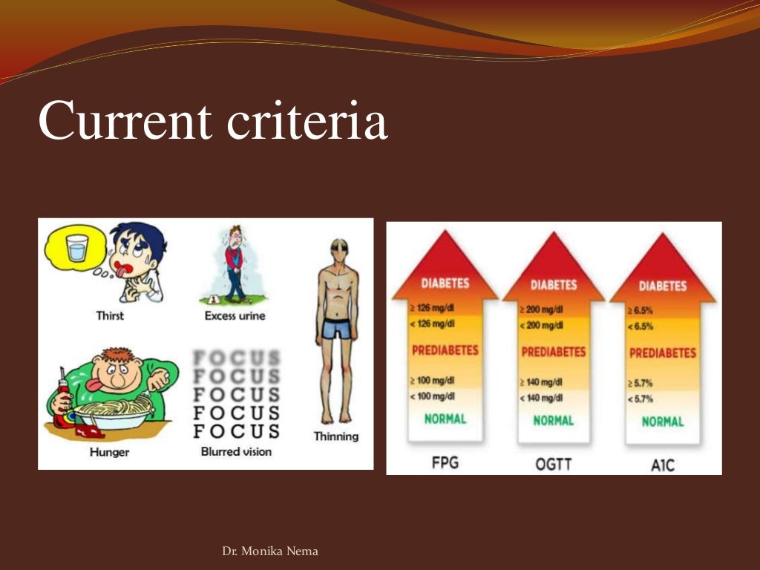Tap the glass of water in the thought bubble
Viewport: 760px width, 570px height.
77,248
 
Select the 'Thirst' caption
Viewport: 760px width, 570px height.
110,315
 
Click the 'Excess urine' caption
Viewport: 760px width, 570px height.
235,315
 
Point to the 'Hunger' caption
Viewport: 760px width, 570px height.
109,452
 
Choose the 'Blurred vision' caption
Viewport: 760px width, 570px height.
236,451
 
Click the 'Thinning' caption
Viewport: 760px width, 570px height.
335,436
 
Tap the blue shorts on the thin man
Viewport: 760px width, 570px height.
336,328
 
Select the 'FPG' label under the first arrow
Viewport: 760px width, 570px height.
445,463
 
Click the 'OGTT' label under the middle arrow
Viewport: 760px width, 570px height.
553,465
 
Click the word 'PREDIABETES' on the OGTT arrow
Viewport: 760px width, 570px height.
553,352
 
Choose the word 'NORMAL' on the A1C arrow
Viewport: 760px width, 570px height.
662,422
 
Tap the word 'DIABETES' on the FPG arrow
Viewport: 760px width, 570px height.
445,284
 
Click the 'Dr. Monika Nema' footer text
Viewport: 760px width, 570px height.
270,551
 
